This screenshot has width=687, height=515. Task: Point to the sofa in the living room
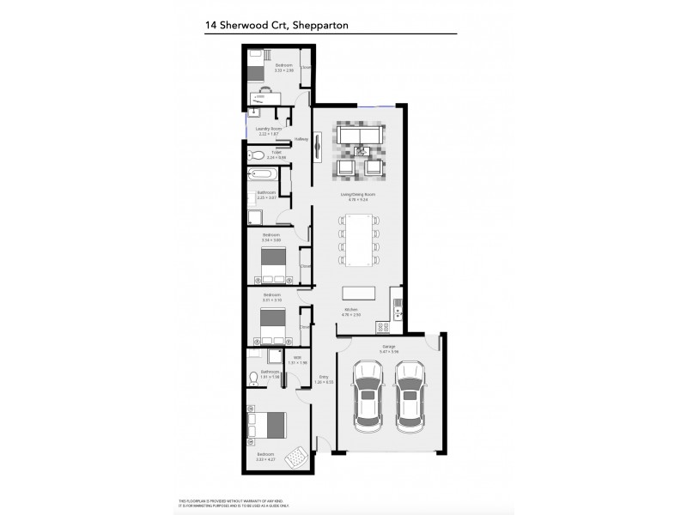click(x=359, y=136)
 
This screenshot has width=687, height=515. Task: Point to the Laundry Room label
click(x=269, y=129)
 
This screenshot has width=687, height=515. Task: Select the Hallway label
click(x=301, y=139)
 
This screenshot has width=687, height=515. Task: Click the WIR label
click(x=296, y=358)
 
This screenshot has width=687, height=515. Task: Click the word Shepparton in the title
click(x=324, y=26)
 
